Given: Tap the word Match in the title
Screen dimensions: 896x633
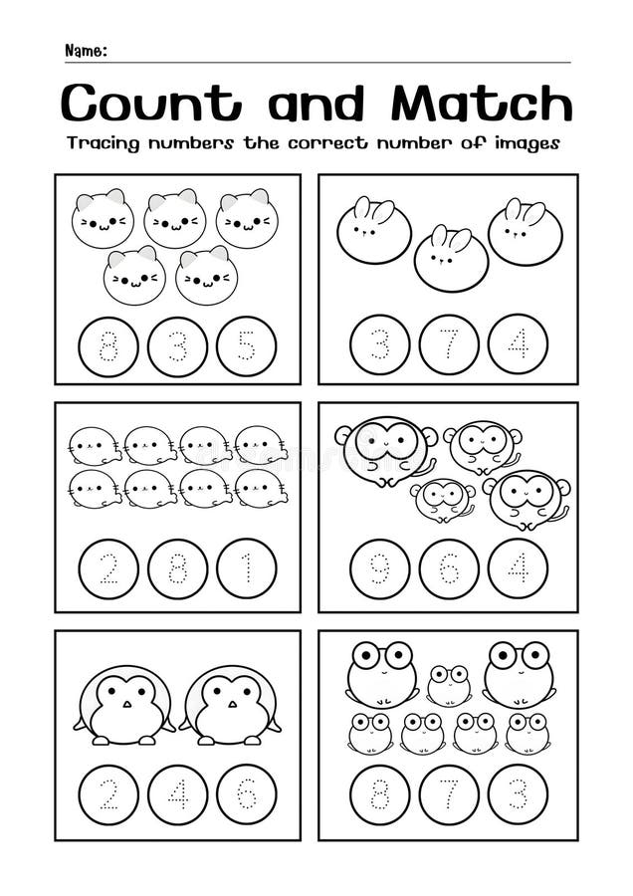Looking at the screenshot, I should (482, 103).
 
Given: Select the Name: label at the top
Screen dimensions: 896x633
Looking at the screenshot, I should (86, 51).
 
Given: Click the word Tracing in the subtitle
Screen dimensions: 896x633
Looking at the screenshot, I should (104, 143).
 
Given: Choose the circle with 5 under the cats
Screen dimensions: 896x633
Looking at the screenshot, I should (246, 345).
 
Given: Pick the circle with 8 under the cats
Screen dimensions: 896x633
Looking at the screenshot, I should (108, 345).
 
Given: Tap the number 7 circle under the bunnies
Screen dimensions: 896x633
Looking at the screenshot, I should (449, 344).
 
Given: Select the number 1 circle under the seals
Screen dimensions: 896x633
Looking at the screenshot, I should (246, 568).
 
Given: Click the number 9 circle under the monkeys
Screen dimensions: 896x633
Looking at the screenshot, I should (379, 568).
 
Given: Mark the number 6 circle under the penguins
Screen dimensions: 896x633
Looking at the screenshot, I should (246, 793).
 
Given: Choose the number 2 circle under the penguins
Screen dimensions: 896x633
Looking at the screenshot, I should (108, 793).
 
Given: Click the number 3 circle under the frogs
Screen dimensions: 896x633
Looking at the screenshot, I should (518, 793).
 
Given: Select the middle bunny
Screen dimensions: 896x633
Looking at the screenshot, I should (451, 259).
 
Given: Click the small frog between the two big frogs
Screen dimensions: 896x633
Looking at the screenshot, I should (449, 685).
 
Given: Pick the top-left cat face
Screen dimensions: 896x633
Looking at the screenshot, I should (103, 218).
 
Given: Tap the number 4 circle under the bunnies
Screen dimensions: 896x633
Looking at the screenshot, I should (518, 344).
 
